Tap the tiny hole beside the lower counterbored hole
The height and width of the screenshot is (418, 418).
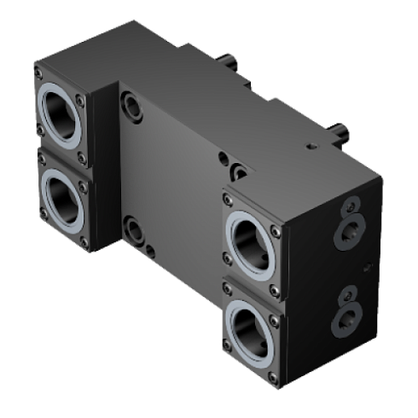click(151, 250)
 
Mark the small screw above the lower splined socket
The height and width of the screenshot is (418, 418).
click(348, 294)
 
